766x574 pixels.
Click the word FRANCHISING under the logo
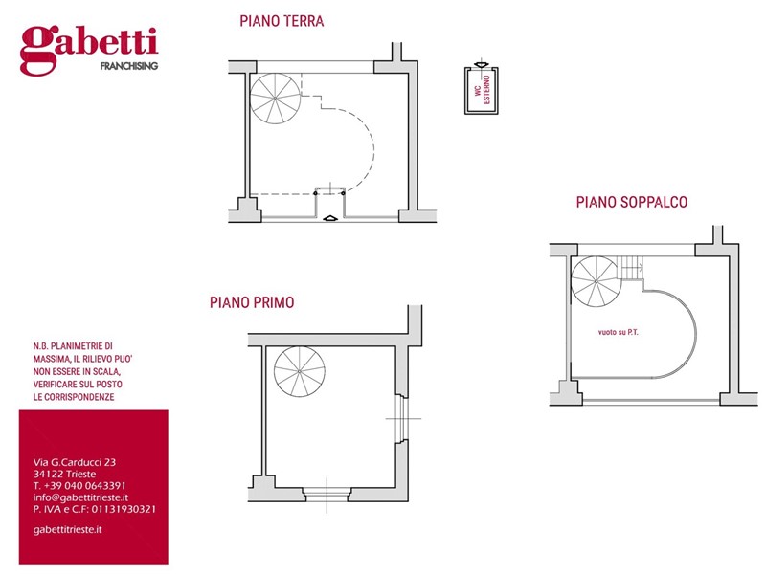point(129,66)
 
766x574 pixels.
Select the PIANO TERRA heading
point(282,21)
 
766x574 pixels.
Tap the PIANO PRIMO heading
point(252,302)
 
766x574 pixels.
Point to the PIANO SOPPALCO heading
point(631,202)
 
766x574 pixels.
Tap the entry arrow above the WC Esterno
point(480,64)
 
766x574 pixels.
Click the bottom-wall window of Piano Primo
point(328,494)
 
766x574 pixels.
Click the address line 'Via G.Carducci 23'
point(75,462)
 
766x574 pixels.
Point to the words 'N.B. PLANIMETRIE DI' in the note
point(73,345)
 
